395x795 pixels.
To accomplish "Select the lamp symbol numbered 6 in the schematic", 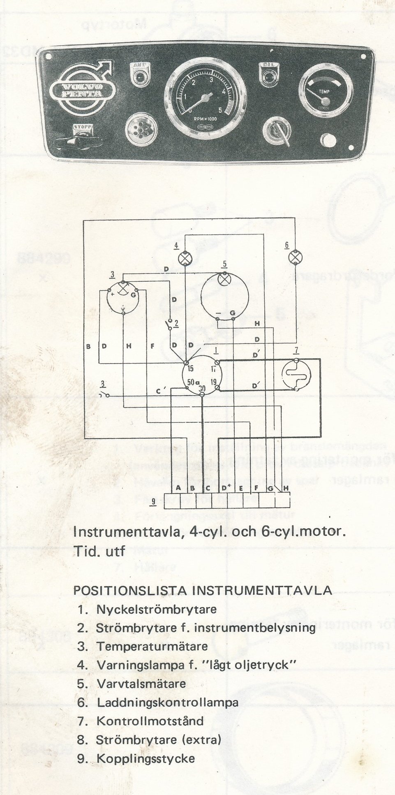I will tap(294, 257).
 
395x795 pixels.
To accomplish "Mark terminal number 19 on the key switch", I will tap(214, 382).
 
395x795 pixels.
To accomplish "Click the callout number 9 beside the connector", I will tap(153, 501).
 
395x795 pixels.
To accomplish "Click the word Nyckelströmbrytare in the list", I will tap(156, 609).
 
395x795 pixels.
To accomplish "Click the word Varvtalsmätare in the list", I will tap(141, 684).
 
